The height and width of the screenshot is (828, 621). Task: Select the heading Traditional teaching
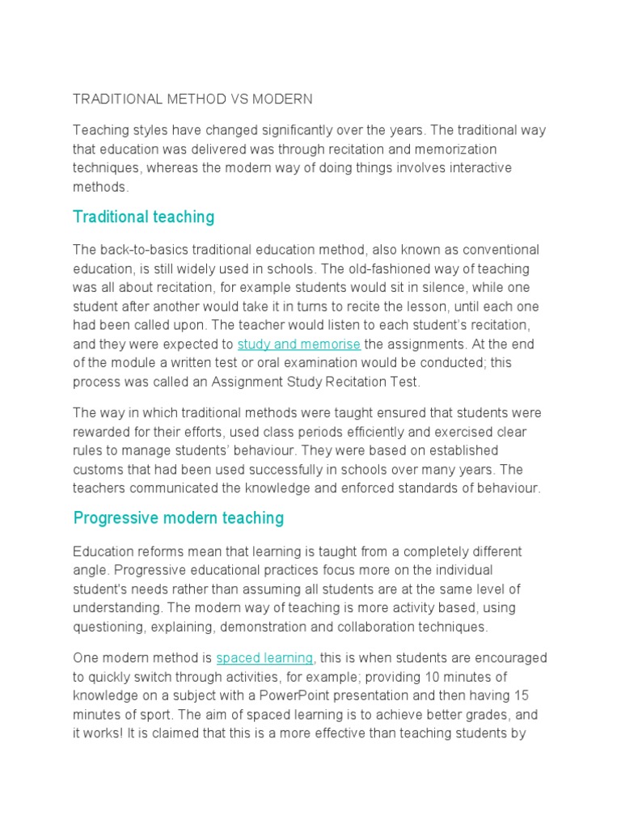(x=143, y=217)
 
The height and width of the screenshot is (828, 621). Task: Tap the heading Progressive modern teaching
(x=178, y=517)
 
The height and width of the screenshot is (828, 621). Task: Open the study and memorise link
(x=298, y=344)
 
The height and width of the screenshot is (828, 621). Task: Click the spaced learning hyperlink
(x=264, y=657)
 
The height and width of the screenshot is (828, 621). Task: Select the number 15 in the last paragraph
(x=522, y=695)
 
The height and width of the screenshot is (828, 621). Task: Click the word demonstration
(x=294, y=626)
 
